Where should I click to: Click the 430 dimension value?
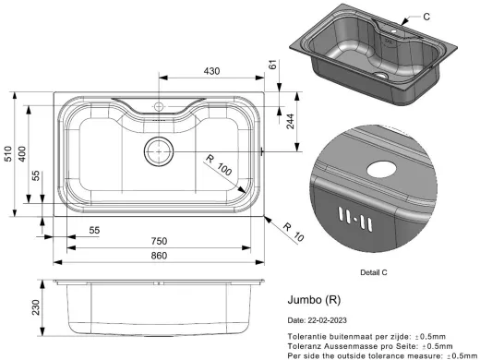[x=211, y=71]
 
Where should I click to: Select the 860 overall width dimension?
[x=159, y=256]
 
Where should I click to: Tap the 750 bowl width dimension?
[x=159, y=241]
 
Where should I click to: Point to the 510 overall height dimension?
[x=8, y=154]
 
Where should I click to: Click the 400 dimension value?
[x=22, y=154]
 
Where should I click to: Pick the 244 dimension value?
[x=290, y=121]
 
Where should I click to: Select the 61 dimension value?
[x=273, y=65]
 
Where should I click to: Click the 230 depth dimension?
[x=36, y=307]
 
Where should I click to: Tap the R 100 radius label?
[x=219, y=165]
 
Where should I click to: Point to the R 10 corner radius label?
[x=294, y=232]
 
